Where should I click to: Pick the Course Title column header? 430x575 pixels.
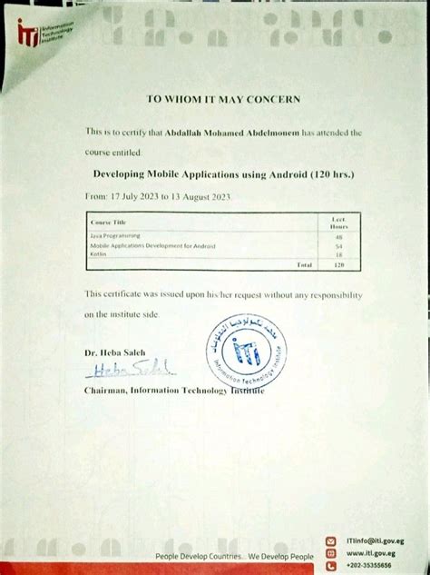pos(108,222)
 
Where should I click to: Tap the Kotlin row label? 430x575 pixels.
pos(98,254)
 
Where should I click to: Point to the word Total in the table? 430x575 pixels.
pos(305,264)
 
